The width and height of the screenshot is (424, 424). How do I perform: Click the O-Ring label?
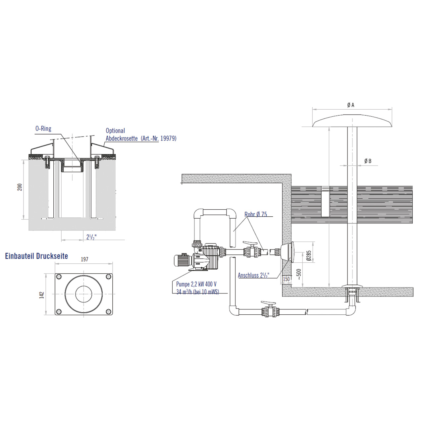coord(43,129)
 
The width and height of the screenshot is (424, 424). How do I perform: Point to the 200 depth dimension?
coord(20,187)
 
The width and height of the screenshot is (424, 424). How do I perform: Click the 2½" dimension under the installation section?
coord(91,237)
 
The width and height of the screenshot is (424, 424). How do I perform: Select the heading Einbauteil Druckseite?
coord(36,256)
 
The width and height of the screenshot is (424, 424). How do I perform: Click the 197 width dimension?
coord(84,259)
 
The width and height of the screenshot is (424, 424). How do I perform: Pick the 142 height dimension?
coord(42,295)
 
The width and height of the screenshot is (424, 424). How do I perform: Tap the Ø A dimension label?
coord(351,105)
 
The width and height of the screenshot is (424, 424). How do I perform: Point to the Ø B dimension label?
coord(368,161)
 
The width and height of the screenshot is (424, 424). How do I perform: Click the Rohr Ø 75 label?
coord(256,214)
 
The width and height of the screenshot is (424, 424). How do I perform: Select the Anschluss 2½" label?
coord(253,275)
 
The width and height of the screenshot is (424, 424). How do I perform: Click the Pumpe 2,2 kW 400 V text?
coord(196,284)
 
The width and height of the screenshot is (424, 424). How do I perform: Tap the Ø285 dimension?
coord(309,255)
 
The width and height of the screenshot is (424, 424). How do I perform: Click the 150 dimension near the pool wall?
coord(286,279)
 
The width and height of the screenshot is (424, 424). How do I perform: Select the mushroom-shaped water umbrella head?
coord(352,121)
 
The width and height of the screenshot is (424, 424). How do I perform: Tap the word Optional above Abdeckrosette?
coord(115,131)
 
